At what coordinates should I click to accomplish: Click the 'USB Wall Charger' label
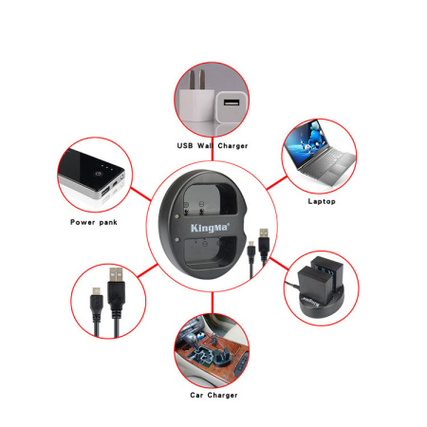pos(213,146)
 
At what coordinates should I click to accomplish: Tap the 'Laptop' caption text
pos(322,201)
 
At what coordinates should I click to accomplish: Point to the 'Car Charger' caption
pos(213,395)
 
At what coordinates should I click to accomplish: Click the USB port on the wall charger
pos(231,102)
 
